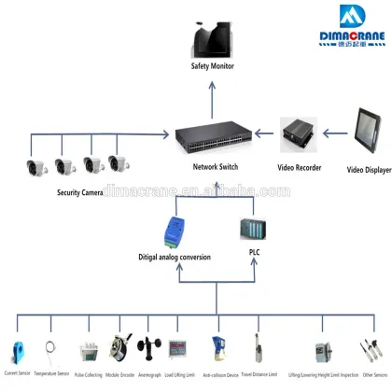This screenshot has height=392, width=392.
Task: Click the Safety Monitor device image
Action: [x=211, y=40]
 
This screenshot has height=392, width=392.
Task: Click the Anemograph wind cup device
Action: [x=149, y=349]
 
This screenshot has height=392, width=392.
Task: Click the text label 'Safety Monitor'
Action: [x=213, y=67]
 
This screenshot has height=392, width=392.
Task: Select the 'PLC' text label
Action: [x=254, y=252]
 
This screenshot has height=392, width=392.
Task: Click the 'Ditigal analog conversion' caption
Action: [x=175, y=257]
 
